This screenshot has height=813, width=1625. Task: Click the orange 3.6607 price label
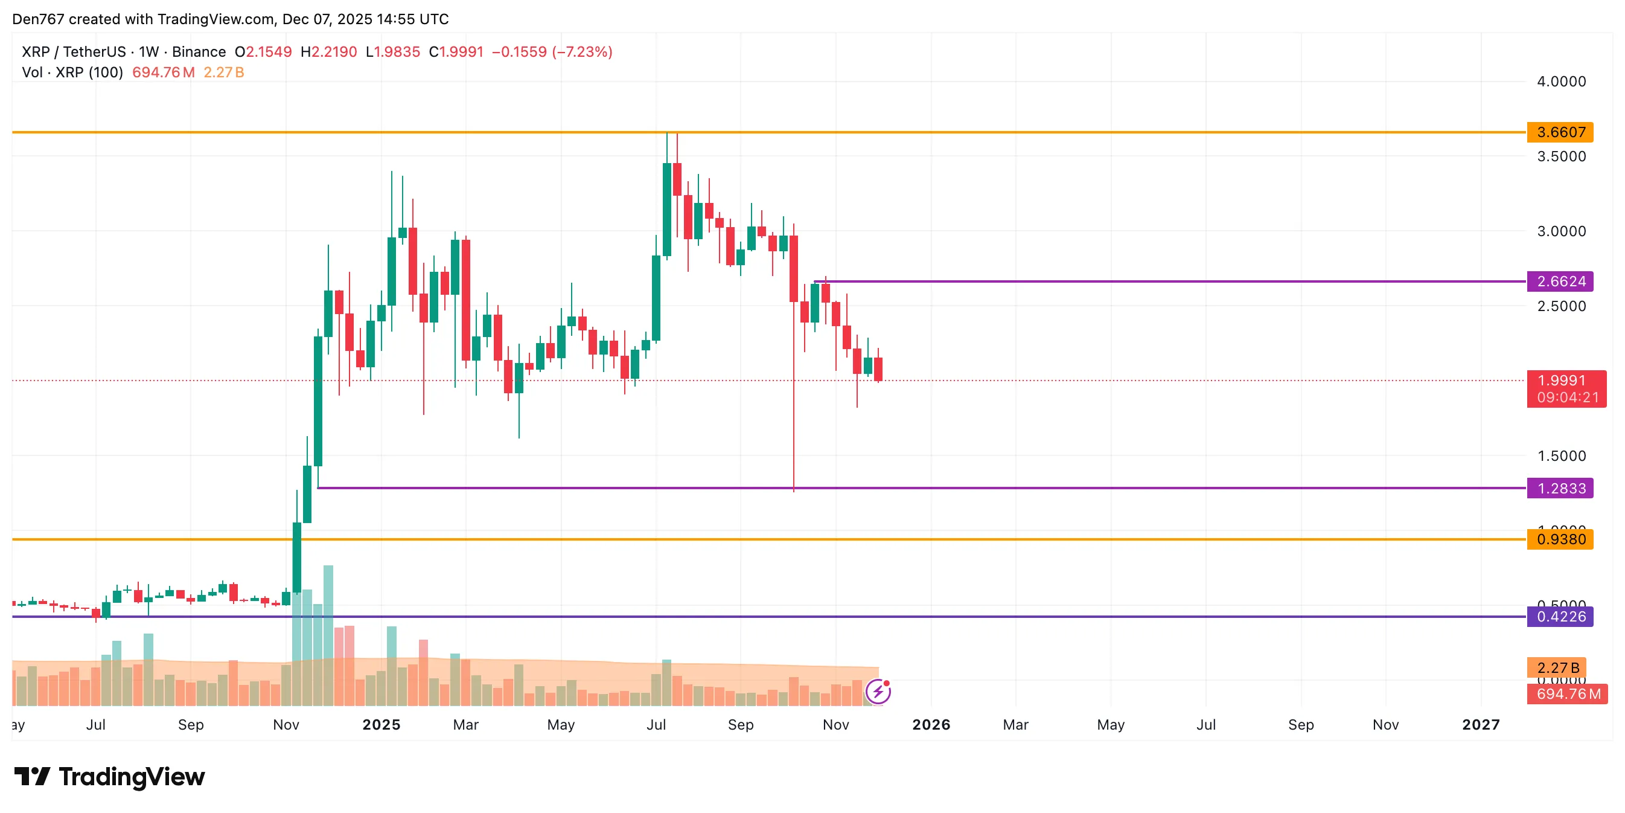click(x=1559, y=132)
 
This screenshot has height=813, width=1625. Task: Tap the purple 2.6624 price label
click(x=1559, y=281)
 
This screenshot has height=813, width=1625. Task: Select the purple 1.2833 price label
click(x=1559, y=489)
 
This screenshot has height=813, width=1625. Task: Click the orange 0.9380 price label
click(x=1559, y=539)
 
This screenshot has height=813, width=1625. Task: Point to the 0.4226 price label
click(x=1559, y=617)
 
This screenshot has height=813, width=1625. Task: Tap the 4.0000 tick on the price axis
click(x=1560, y=82)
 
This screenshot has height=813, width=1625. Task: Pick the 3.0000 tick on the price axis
click(x=1560, y=231)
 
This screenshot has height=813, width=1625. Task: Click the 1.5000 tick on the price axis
click(x=1560, y=456)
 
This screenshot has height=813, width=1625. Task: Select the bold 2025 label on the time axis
click(x=381, y=725)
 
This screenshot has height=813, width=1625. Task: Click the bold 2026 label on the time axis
click(x=931, y=725)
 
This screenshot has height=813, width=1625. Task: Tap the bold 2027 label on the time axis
click(x=1481, y=725)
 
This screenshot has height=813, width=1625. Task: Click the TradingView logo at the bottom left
click(x=110, y=776)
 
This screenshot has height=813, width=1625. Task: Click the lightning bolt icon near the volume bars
click(x=878, y=692)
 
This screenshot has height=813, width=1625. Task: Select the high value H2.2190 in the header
click(x=328, y=52)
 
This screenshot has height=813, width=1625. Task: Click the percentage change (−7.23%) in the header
click(x=582, y=52)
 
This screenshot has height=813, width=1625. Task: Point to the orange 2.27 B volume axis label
click(x=1557, y=668)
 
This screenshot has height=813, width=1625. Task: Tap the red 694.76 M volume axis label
click(x=1568, y=695)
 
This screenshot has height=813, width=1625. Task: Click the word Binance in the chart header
click(x=199, y=52)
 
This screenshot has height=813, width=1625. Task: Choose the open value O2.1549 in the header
click(x=263, y=52)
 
